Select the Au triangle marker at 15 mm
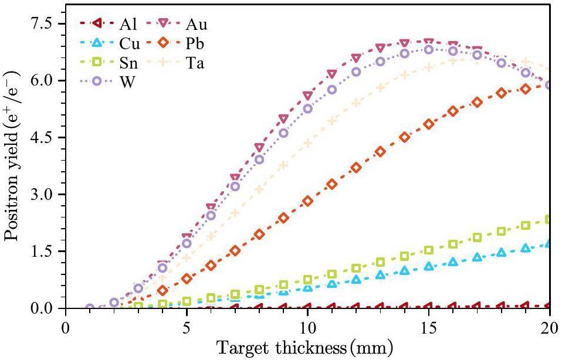coord(428,42)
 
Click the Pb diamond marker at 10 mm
coord(307,201)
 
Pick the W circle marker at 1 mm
coord(90,308)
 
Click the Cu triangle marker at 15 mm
coord(428,266)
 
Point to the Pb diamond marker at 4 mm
coord(162,290)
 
